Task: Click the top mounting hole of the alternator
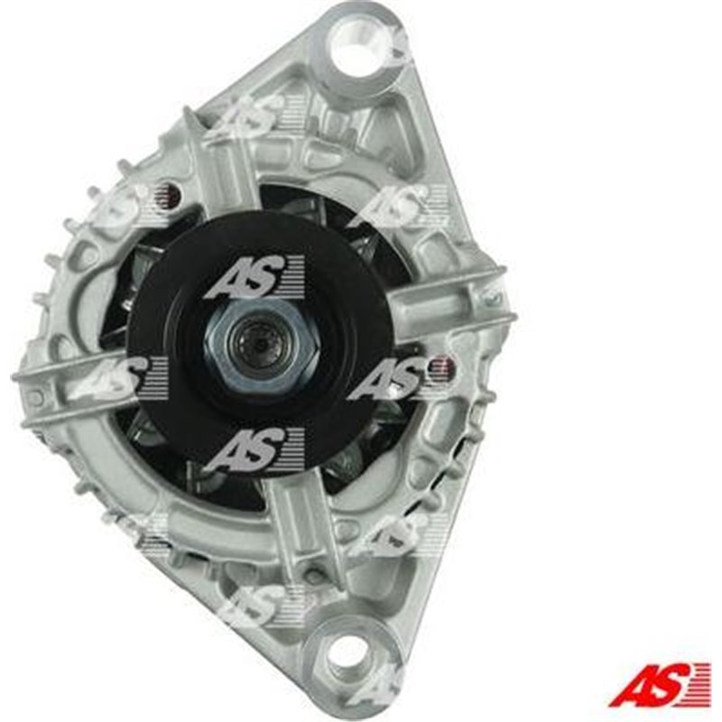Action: (358, 38)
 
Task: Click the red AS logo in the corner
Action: (660, 686)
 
